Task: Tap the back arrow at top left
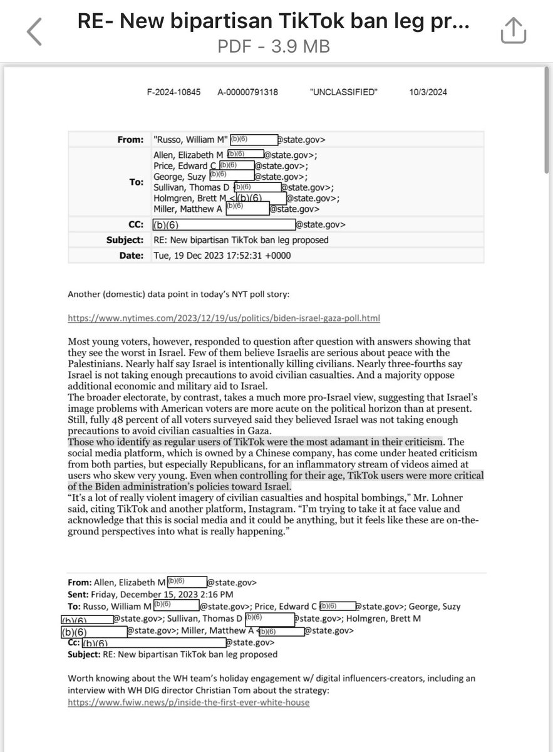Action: click(x=34, y=31)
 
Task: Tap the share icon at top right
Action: click(x=512, y=30)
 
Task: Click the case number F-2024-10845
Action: click(x=173, y=93)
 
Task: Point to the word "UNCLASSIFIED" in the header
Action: click(x=344, y=93)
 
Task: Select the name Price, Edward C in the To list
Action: click(x=180, y=166)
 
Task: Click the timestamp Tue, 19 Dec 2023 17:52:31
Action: click(x=208, y=256)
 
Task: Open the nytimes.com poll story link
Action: click(x=224, y=318)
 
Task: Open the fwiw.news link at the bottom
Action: click(x=189, y=702)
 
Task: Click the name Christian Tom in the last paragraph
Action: click(x=266, y=691)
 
